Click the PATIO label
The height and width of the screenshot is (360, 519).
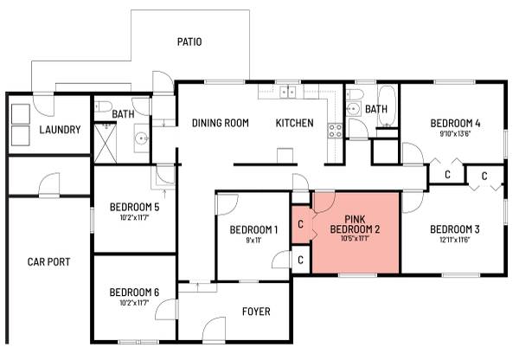click(189, 42)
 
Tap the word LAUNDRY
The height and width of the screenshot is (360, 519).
click(61, 131)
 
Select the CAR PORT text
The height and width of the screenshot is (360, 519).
click(48, 261)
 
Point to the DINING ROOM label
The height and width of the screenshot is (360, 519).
click(220, 123)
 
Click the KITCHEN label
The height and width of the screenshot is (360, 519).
click(294, 123)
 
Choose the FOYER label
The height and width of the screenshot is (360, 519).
click(256, 312)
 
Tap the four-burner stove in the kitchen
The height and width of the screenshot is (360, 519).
click(335, 132)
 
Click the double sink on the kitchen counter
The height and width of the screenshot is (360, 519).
click(289, 91)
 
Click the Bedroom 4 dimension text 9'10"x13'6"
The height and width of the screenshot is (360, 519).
click(455, 134)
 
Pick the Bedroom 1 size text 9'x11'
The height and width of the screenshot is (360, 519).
click(253, 241)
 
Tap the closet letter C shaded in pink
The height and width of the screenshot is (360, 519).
click(300, 225)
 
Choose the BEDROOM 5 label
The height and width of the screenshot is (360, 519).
click(133, 208)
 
